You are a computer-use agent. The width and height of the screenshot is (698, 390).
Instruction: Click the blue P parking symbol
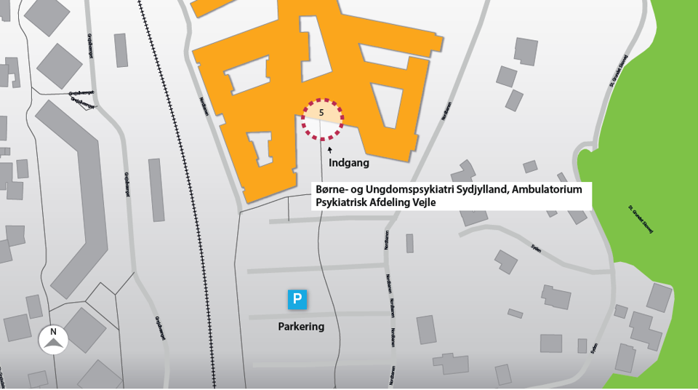(297, 299)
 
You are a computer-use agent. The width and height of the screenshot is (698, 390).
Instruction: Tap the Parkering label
(301, 327)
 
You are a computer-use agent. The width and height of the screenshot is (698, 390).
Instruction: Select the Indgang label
(349, 163)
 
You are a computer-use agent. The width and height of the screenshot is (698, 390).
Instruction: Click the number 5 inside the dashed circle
(321, 113)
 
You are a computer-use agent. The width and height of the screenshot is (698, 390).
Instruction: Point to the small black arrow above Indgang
(330, 150)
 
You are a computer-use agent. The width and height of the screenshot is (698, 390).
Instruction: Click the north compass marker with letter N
(53, 340)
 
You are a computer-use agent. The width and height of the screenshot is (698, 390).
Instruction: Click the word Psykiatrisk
(342, 203)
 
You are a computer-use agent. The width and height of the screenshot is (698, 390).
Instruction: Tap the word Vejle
(426, 203)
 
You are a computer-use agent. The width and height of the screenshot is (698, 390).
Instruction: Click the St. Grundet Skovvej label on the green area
(641, 219)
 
